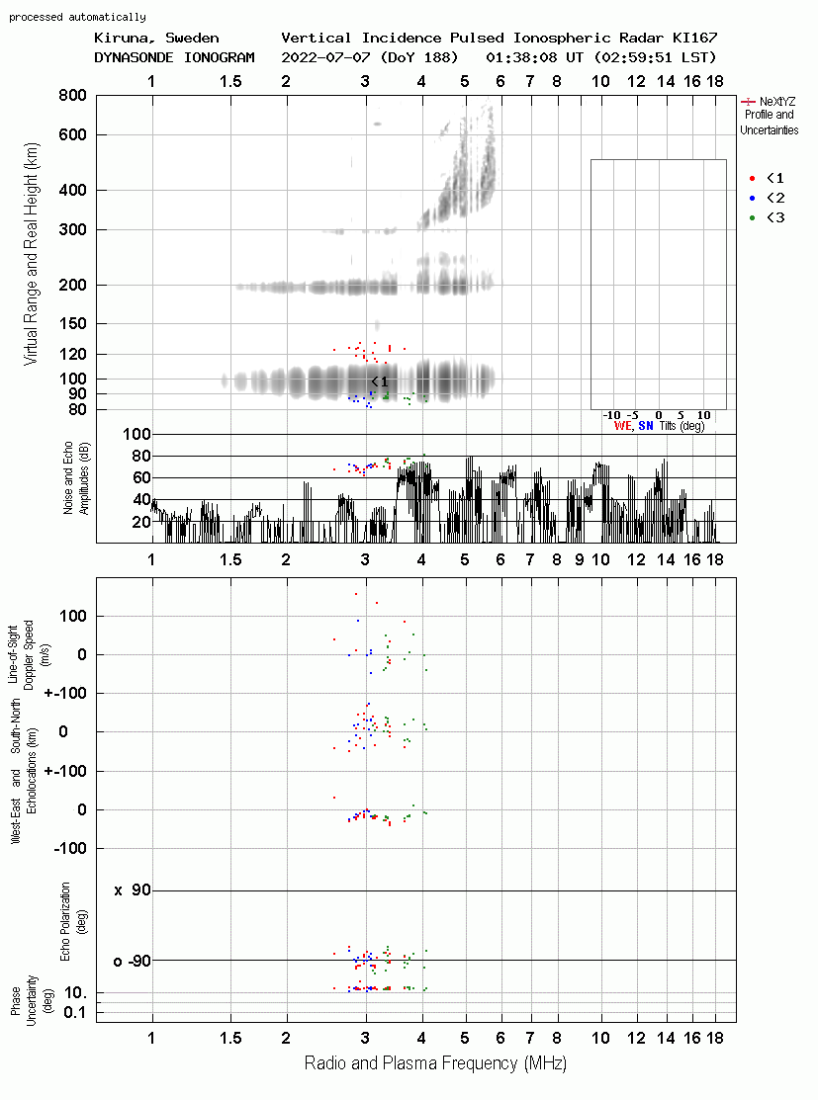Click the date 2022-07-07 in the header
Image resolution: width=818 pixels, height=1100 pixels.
pyautogui.click(x=325, y=57)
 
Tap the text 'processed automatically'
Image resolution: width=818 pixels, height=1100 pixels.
pyautogui.click(x=77, y=17)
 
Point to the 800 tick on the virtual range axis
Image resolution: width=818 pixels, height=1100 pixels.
pyautogui.click(x=72, y=95)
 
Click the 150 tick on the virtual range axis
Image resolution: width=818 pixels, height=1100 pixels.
pyautogui.click(x=72, y=323)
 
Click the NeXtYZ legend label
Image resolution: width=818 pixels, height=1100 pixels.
pyautogui.click(x=777, y=102)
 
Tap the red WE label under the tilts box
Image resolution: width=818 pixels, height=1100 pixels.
pyautogui.click(x=622, y=426)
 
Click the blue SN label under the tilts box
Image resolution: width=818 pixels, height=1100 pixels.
pyautogui.click(x=645, y=426)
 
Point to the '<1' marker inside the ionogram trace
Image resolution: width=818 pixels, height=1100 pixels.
pyautogui.click(x=379, y=381)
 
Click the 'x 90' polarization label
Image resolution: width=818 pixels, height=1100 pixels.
pyautogui.click(x=132, y=890)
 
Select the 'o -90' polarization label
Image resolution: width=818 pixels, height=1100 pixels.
pyautogui.click(x=132, y=961)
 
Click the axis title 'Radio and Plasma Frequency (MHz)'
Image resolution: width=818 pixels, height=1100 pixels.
pyautogui.click(x=435, y=1063)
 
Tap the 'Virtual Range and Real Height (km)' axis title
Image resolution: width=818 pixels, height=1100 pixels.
pyautogui.click(x=32, y=254)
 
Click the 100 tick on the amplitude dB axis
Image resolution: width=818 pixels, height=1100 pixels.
pyautogui.click(x=136, y=434)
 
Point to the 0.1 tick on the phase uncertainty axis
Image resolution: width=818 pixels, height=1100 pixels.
pyautogui.click(x=74, y=1012)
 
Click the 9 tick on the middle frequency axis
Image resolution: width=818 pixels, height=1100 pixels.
pyautogui.click(x=580, y=559)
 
